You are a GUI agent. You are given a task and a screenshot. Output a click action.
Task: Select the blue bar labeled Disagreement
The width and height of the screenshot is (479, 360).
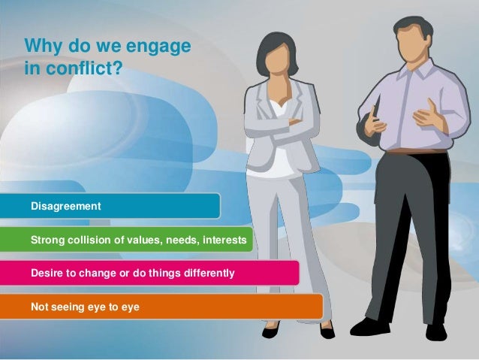point(120,205)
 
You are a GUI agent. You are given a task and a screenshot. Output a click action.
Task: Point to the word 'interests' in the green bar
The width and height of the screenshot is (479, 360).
point(219,241)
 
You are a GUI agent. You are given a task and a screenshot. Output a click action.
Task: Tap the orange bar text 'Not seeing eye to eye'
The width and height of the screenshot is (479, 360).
point(84,306)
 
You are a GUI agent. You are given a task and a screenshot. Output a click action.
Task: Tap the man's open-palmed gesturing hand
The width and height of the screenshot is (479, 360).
point(428,116)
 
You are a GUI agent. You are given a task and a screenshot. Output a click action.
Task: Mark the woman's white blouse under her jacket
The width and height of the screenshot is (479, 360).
point(281,143)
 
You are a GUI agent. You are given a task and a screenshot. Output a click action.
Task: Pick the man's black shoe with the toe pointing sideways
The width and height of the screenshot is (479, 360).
point(371,326)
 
